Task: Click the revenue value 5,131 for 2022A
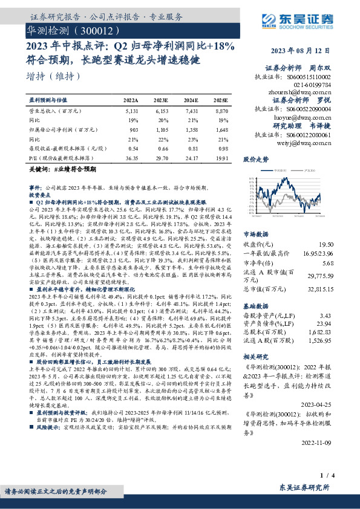[131, 112]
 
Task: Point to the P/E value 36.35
[130, 157]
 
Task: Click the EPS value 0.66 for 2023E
[162, 148]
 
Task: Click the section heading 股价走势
[255, 160]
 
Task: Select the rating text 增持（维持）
[54, 76]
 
